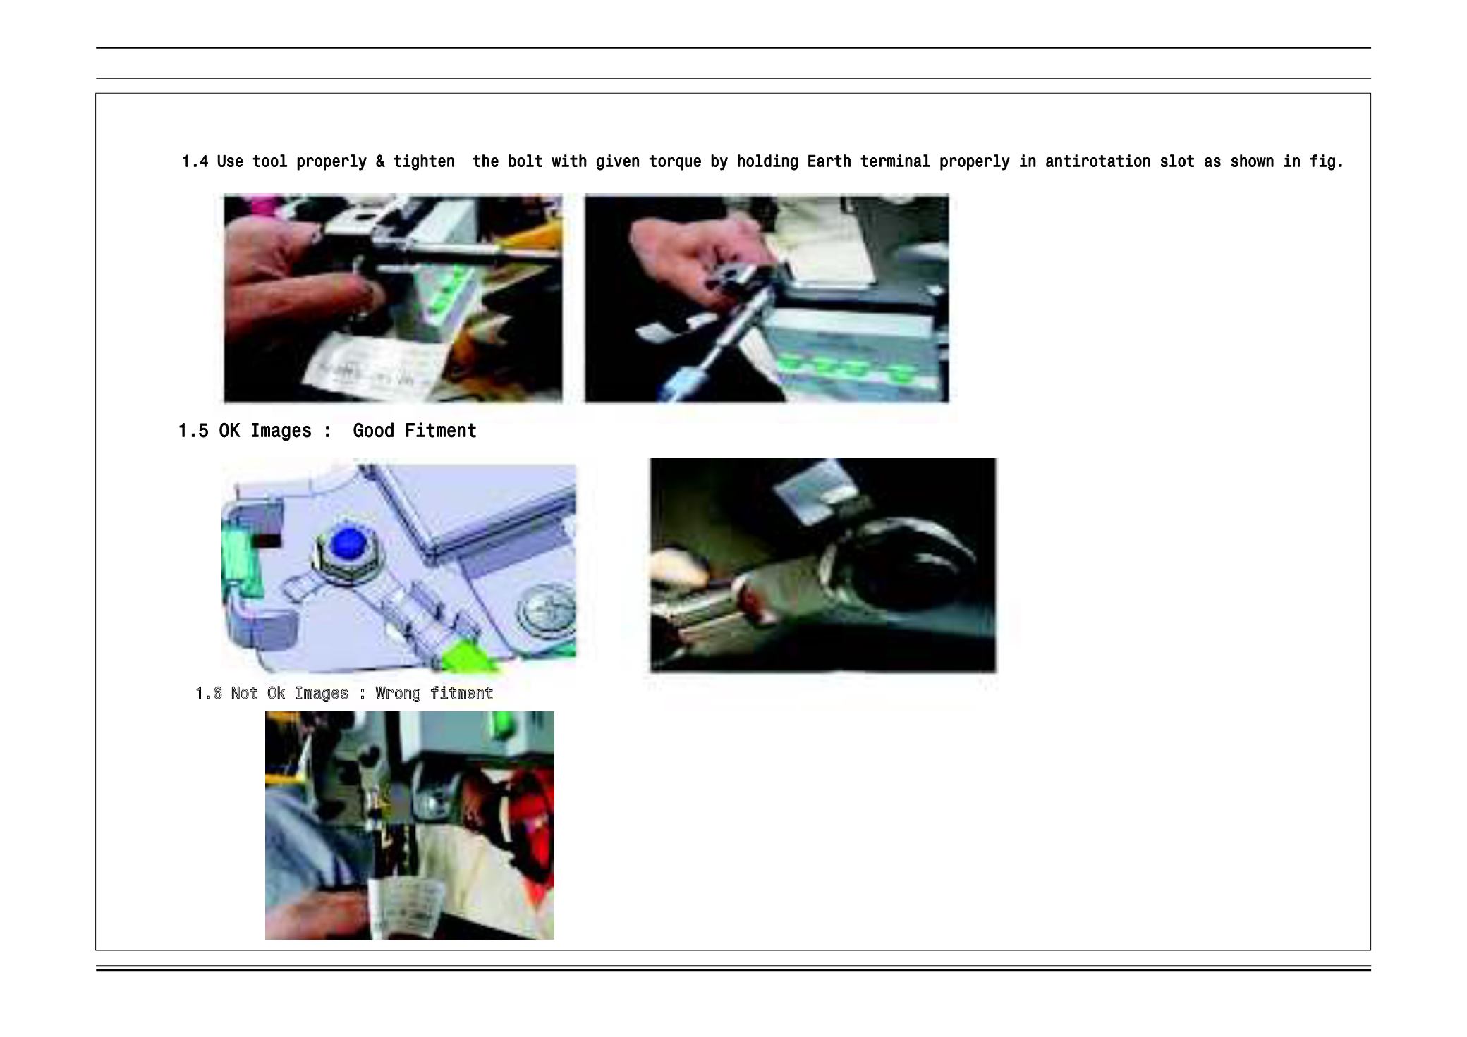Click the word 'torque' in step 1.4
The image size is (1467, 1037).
[675, 162]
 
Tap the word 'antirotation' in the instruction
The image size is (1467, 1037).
[1097, 161]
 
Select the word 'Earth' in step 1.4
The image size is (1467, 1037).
[829, 161]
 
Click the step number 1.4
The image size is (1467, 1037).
[195, 161]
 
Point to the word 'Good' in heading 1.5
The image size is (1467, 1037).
[373, 430]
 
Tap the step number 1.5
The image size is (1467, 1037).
[193, 430]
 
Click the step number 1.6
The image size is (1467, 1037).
[209, 693]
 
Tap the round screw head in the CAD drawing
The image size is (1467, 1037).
[547, 610]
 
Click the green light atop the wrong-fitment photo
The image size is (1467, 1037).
[503, 722]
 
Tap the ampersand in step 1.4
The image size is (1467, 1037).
[380, 161]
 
